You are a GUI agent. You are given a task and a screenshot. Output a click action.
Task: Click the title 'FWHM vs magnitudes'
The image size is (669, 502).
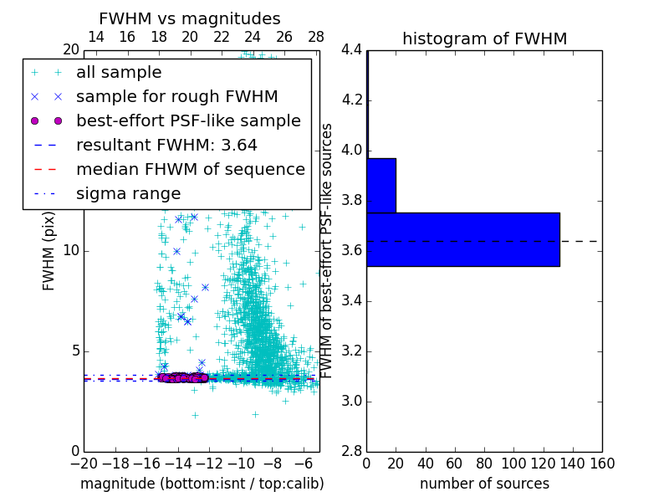pos(190,18)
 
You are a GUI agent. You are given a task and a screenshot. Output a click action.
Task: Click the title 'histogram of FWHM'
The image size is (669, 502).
pos(484,38)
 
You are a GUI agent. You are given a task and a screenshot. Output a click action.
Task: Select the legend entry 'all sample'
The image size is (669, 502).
pos(119,73)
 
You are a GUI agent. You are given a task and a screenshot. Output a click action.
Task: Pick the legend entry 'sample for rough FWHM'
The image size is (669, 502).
pos(176,96)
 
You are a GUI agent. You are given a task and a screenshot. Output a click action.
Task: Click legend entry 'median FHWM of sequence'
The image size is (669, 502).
pos(190,169)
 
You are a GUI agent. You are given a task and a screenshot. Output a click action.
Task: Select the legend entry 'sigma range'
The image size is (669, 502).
pos(128,193)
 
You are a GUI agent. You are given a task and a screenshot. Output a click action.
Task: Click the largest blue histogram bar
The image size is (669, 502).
pos(462,239)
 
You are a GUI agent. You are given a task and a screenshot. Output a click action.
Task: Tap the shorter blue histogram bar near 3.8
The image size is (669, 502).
pos(381,185)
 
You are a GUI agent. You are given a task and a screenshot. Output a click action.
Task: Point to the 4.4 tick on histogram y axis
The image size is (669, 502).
pos(352,50)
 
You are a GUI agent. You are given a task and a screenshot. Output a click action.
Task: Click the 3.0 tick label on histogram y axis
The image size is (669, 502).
pos(352,402)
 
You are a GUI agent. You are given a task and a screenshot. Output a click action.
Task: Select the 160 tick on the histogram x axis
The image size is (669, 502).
pos(602,464)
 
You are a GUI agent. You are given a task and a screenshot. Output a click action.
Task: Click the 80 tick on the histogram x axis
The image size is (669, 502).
pos(484,464)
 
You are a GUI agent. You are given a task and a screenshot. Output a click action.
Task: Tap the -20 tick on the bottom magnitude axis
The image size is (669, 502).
pos(84,464)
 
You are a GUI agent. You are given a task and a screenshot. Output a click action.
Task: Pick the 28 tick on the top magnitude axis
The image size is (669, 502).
pos(316,37)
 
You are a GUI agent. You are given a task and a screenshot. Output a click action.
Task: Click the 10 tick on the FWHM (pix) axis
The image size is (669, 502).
pos(71,251)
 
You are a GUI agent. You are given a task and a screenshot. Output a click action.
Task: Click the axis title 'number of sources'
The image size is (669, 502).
pos(484,484)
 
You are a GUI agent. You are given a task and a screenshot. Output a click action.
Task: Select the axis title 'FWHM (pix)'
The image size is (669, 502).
pos(49,251)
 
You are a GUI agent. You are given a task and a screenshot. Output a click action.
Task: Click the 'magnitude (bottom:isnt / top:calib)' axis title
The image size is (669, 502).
pos(202,484)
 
